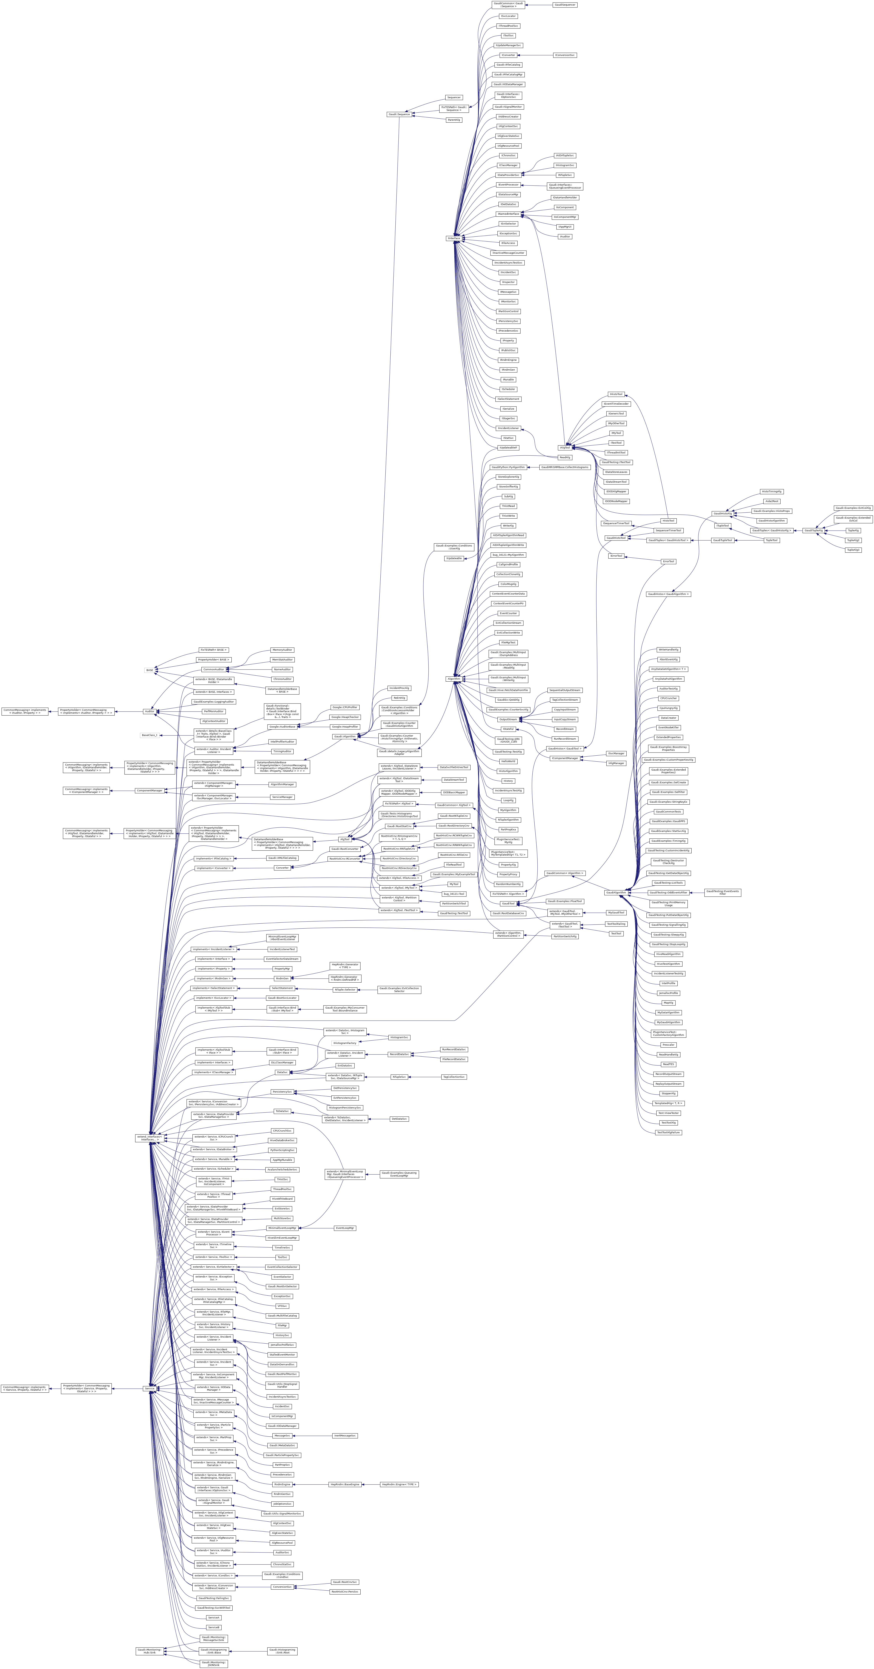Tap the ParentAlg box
point(453,120)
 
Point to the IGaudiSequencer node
point(564,5)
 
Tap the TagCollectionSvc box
point(453,1077)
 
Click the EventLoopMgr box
point(345,1228)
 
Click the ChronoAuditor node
point(283,679)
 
